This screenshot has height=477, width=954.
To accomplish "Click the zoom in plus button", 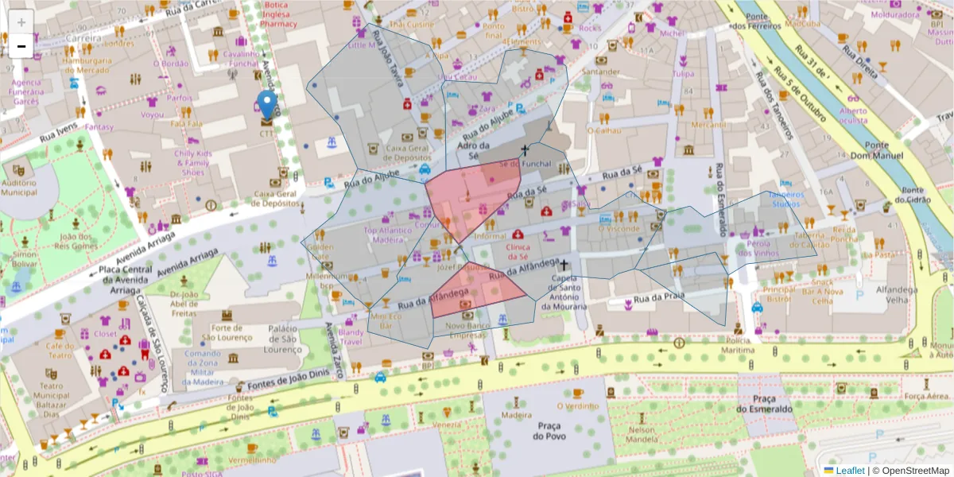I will (21, 22).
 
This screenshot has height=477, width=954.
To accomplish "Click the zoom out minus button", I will (21, 46).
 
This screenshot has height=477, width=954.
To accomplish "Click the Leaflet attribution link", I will (849, 471).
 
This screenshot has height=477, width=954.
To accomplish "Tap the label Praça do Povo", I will (549, 431).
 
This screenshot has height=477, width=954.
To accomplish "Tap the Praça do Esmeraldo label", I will (763, 403).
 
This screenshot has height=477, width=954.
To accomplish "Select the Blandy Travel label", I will (351, 336).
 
